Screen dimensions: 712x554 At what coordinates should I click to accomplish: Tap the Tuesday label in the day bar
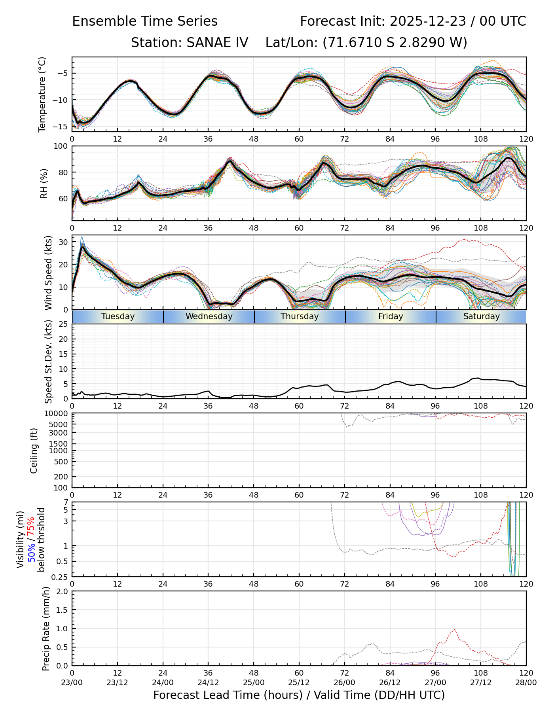pyautogui.click(x=118, y=316)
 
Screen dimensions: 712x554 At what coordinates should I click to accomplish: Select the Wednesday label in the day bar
pyautogui.click(x=209, y=316)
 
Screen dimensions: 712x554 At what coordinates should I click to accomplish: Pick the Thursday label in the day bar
pyautogui.click(x=300, y=316)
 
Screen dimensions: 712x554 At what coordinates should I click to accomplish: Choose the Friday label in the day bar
pyautogui.click(x=391, y=316)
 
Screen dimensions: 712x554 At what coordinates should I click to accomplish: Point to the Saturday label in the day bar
pyautogui.click(x=481, y=316)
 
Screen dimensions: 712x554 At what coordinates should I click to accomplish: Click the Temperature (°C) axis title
pyautogui.click(x=42, y=94)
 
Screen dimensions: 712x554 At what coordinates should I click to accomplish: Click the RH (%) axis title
pyautogui.click(x=44, y=184)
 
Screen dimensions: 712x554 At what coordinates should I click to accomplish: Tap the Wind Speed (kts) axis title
pyautogui.click(x=48, y=273)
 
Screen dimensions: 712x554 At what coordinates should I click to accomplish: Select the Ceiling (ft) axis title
pyautogui.click(x=34, y=451)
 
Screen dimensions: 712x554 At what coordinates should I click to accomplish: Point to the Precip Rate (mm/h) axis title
pyautogui.click(x=46, y=629)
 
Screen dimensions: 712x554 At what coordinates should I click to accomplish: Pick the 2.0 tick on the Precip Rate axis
pyautogui.click(x=63, y=591)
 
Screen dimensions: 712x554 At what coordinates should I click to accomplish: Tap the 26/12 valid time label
pyautogui.click(x=390, y=682)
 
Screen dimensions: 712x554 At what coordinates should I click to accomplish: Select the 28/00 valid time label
pyautogui.click(x=526, y=682)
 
